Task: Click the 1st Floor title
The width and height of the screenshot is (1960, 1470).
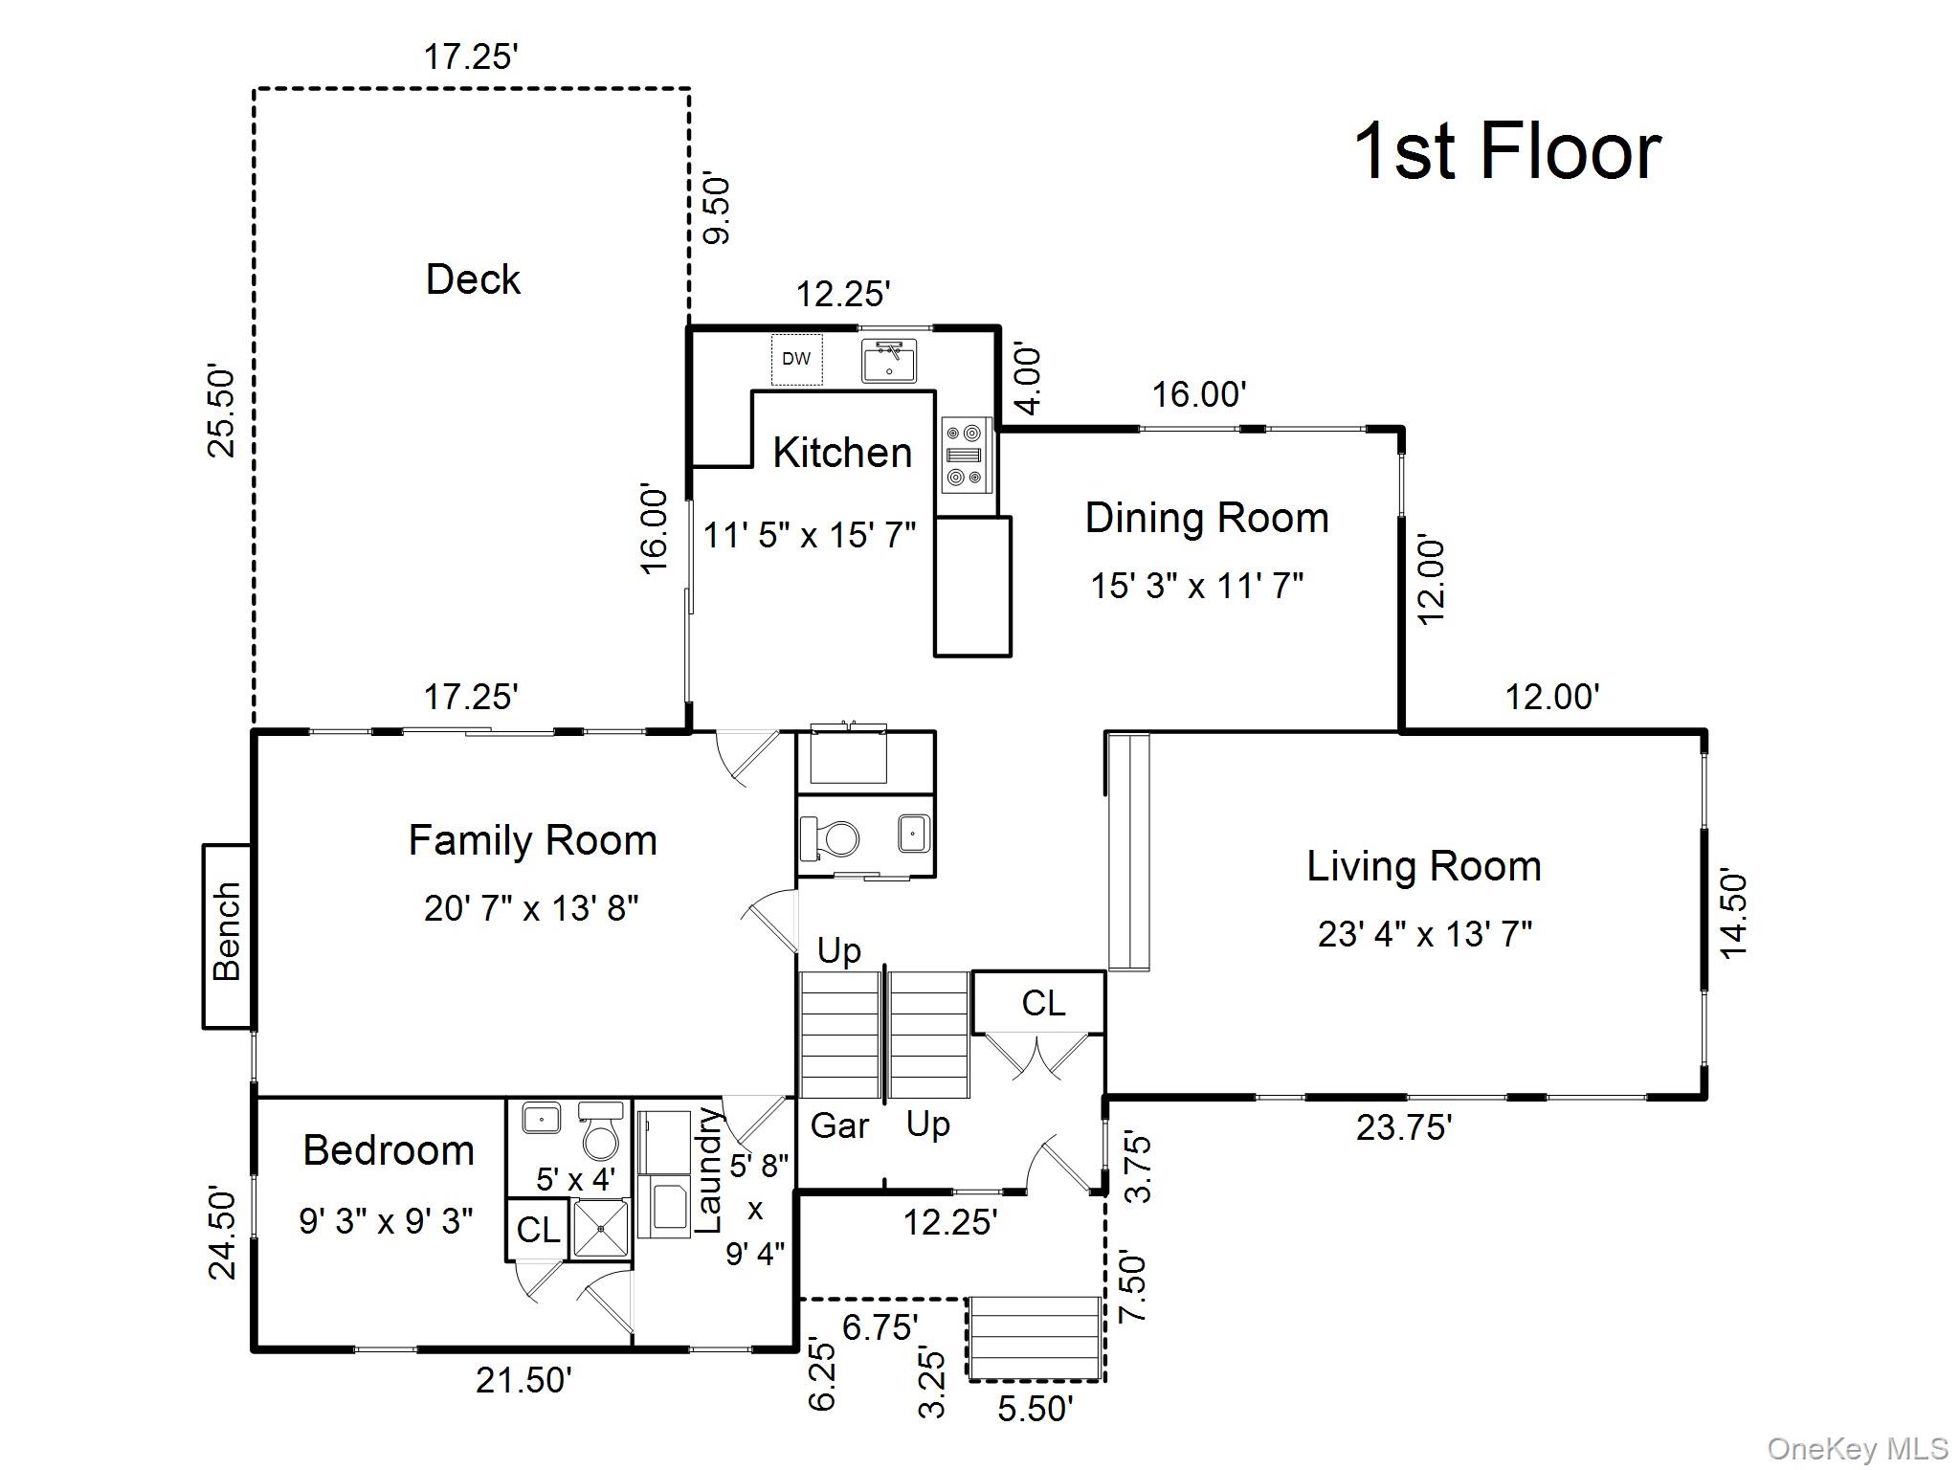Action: (x=1507, y=152)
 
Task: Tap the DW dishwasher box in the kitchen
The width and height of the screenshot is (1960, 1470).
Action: (x=796, y=359)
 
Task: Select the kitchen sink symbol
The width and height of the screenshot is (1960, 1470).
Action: (x=889, y=361)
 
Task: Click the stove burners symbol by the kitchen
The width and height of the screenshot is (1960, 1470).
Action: (x=965, y=455)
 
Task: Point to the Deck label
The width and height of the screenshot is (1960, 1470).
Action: (x=473, y=279)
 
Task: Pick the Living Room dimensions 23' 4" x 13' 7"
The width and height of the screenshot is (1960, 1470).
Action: (x=1424, y=933)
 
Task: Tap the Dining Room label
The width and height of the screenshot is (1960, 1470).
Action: (x=1207, y=518)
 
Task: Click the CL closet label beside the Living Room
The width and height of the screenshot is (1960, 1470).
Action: (x=1042, y=1003)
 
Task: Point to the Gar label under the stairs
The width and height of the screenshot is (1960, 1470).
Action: (x=839, y=1125)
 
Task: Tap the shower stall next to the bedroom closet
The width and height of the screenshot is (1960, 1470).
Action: (x=601, y=1229)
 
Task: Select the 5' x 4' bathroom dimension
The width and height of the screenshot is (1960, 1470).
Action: (x=574, y=1179)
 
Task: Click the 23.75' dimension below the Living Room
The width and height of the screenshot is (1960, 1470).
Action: (x=1404, y=1128)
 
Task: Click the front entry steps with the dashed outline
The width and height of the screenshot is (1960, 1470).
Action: (x=1035, y=1337)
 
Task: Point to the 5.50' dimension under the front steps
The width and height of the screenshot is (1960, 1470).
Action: (x=1035, y=1409)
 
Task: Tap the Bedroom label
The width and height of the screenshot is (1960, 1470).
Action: (x=389, y=1150)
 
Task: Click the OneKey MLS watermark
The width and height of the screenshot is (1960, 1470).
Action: (x=1857, y=1449)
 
